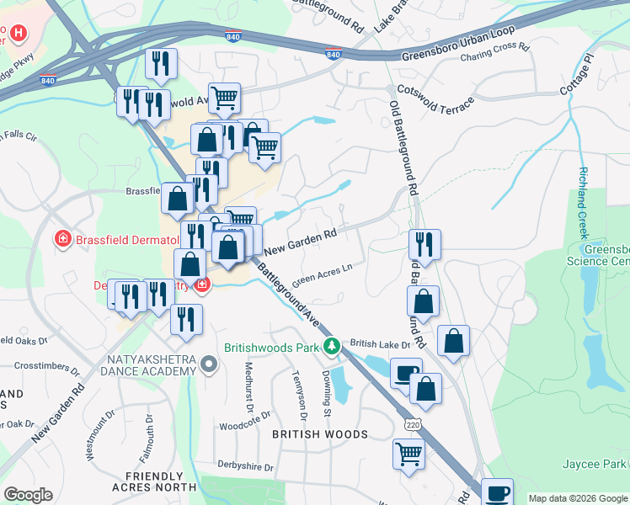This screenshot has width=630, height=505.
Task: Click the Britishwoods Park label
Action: [274, 346]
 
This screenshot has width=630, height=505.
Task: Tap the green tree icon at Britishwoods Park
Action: [333, 345]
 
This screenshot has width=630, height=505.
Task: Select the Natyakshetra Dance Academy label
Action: [150, 365]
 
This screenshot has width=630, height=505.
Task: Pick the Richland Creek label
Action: [583, 202]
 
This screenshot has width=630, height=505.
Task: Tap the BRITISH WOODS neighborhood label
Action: [320, 434]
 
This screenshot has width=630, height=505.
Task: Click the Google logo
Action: [28, 495]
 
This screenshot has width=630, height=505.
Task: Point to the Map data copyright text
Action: [579, 498]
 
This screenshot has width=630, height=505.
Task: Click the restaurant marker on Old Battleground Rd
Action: [424, 245]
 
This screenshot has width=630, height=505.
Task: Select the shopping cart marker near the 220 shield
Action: [408, 454]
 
